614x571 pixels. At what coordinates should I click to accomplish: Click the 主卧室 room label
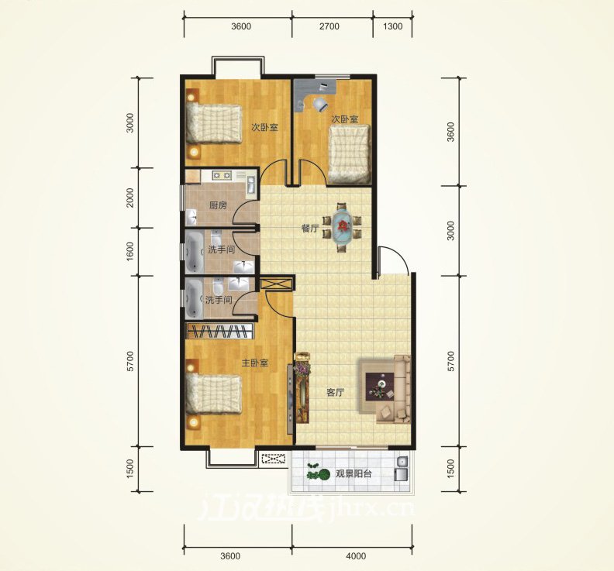pyautogui.click(x=254, y=363)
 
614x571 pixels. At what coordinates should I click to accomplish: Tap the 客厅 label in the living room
pyautogui.click(x=335, y=393)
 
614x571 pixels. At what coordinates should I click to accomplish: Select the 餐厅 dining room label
pyautogui.click(x=310, y=229)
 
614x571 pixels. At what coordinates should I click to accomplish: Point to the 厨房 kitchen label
pyautogui.click(x=218, y=205)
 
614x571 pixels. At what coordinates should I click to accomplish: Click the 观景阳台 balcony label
pyautogui.click(x=354, y=474)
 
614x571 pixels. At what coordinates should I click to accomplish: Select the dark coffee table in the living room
pyautogui.click(x=381, y=387)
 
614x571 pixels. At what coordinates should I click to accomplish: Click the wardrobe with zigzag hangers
pyautogui.click(x=220, y=331)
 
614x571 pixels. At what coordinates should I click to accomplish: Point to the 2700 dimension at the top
pyautogui.click(x=329, y=26)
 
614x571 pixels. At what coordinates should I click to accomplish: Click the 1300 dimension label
pyautogui.click(x=392, y=26)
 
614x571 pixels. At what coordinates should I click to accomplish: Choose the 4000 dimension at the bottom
pyautogui.click(x=356, y=556)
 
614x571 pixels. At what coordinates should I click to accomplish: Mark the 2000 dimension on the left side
pyautogui.click(x=130, y=198)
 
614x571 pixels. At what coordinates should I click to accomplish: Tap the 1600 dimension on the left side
pyautogui.click(x=130, y=252)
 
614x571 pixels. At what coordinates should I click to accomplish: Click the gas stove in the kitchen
pyautogui.click(x=222, y=175)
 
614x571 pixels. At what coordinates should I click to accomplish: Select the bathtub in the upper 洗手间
pyautogui.click(x=192, y=253)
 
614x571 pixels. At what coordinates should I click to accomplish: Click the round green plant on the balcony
pyautogui.click(x=323, y=475)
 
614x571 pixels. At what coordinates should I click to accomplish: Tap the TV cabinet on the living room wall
pyautogui.click(x=290, y=398)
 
